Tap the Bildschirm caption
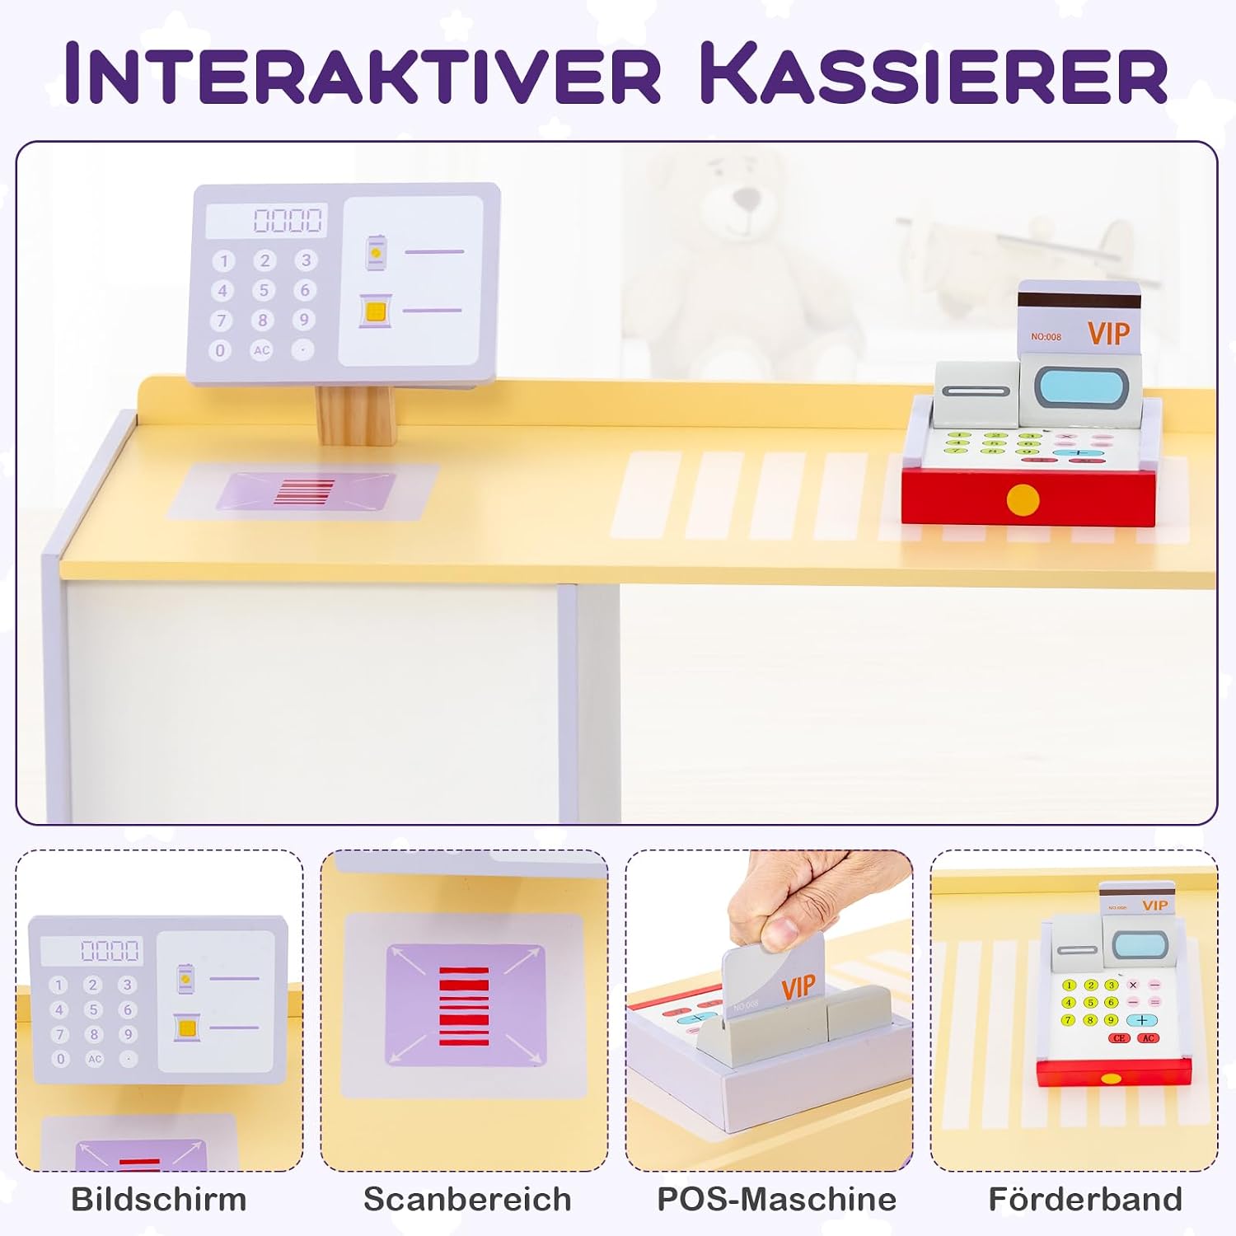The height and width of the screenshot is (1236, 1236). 159,1199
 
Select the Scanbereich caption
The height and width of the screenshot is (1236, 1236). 467,1199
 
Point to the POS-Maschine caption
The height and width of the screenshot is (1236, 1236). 776,1199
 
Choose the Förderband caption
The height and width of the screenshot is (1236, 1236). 1085,1199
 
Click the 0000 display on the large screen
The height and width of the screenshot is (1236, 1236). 288,220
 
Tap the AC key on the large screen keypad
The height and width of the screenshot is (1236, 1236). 261,350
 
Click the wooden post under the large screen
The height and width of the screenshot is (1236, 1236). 356,414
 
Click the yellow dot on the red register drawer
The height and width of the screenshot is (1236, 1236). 1023,500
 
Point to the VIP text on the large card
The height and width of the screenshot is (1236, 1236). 1108,333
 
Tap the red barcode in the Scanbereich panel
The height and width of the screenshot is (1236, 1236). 464,1006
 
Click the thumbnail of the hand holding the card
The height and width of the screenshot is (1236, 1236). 769,1010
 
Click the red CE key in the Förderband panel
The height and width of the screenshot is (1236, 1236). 1119,1038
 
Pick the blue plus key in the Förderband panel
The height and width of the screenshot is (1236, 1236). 1141,1020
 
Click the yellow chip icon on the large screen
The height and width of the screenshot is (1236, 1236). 375,311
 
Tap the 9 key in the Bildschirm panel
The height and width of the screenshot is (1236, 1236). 127,1034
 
